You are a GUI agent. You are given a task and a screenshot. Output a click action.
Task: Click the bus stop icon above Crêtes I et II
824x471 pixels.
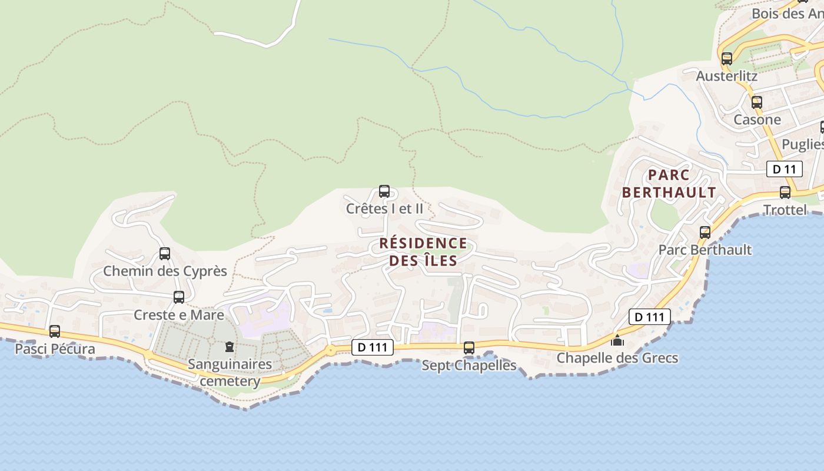point(384,191)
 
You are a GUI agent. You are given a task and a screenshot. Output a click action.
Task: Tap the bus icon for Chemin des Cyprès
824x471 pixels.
point(165,254)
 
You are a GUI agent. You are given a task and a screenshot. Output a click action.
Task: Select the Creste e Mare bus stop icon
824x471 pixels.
point(179,297)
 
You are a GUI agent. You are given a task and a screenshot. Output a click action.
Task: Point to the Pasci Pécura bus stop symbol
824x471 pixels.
point(55,331)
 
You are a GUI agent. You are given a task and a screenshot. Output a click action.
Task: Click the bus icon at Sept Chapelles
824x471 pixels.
point(469,348)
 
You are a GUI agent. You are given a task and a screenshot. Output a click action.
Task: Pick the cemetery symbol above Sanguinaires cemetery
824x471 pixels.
point(230,347)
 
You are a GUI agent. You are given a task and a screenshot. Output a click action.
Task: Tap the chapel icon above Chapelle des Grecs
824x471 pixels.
point(617,340)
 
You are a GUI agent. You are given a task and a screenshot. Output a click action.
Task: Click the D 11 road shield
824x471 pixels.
point(785,170)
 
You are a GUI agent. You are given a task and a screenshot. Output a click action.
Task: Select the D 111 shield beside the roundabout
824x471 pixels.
point(373,347)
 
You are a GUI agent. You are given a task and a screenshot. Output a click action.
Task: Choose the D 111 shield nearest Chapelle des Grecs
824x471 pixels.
point(650,317)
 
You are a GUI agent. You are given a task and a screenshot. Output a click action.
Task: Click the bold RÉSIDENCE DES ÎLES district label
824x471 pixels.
point(423,252)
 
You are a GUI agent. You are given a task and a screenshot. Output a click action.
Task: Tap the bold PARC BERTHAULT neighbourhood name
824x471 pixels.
point(669,184)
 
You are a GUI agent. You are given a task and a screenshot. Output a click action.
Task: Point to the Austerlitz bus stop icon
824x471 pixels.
point(727,59)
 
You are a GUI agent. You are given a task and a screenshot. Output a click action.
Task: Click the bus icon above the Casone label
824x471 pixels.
point(757,102)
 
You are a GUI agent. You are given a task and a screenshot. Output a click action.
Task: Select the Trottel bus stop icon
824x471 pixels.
point(785,193)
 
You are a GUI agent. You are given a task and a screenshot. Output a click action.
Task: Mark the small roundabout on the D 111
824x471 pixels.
point(331,350)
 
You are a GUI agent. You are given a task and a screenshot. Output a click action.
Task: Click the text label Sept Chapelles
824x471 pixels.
point(469,365)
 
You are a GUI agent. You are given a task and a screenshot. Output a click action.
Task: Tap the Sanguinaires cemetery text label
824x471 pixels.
point(230,373)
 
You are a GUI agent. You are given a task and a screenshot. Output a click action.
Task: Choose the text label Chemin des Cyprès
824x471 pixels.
point(165,271)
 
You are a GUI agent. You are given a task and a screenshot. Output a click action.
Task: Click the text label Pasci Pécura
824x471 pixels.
point(55,349)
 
